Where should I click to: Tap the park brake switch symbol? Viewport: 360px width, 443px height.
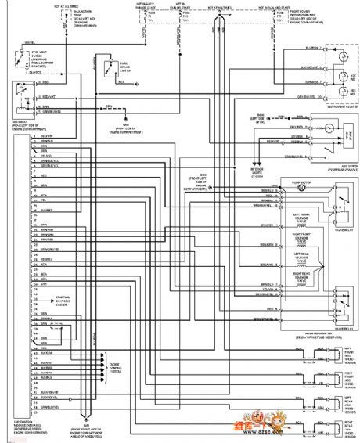pos(101,67)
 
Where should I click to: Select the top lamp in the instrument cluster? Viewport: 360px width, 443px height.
pos(342,58)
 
